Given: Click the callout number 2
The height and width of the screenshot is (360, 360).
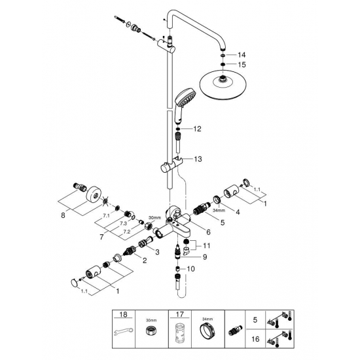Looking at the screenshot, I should click(x=138, y=261).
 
